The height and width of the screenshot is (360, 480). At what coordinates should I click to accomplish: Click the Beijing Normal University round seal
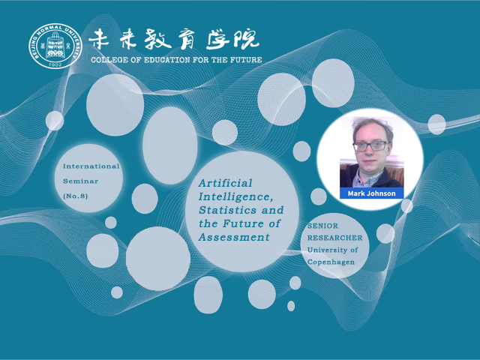point(55,46)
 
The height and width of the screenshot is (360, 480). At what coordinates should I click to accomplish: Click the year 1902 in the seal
point(55,64)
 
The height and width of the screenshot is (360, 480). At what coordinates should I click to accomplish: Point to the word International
point(91,166)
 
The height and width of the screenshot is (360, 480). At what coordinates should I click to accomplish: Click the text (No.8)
point(75,196)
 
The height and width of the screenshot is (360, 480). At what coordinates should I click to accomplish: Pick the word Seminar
point(80,181)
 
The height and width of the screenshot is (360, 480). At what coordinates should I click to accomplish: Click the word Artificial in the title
point(225,183)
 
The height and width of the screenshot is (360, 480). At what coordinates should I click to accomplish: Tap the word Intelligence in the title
point(235,196)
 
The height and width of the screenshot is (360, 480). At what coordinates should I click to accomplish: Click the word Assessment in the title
point(234,237)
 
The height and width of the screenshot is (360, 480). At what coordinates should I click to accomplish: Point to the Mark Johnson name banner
point(372,193)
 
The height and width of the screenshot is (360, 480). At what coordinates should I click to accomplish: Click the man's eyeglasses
point(370,146)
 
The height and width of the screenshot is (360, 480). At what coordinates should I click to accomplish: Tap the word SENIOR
point(322,226)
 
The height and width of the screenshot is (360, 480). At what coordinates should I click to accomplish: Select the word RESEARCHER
point(335,238)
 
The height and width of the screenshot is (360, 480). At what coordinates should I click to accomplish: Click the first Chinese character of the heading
point(98,39)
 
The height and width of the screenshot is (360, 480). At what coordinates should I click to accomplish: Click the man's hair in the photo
point(372,126)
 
